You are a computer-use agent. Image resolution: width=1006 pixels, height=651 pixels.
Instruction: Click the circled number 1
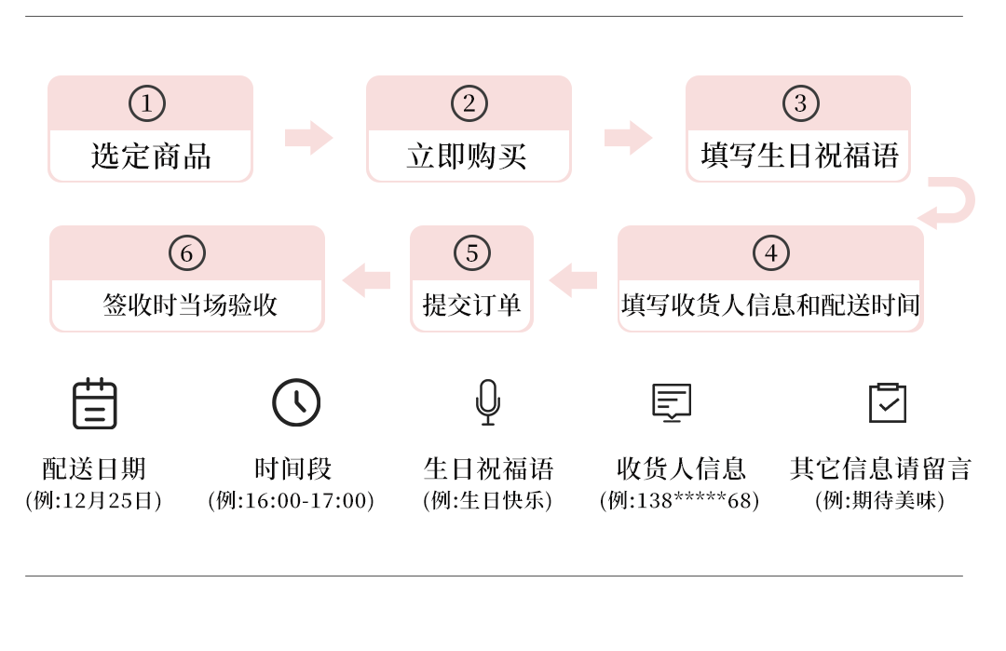click(146, 103)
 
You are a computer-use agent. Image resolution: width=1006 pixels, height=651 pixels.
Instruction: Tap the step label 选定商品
click(151, 156)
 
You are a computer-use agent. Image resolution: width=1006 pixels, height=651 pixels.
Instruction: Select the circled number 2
click(469, 103)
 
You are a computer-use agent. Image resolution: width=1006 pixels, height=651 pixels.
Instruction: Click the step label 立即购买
click(468, 156)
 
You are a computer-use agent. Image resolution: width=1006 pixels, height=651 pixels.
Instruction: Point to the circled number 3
click(800, 103)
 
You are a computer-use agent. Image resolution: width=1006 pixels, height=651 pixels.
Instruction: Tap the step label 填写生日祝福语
click(799, 155)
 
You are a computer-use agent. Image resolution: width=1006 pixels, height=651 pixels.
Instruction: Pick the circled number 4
click(770, 253)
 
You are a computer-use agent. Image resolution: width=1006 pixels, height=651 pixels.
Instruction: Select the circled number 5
click(471, 253)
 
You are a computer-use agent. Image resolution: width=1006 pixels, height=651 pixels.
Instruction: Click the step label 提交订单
click(471, 305)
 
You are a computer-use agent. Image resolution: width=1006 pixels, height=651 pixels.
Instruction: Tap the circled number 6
click(186, 253)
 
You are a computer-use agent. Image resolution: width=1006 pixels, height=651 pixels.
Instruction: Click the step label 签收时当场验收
click(190, 305)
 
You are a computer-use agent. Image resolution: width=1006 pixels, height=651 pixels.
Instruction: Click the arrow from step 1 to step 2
click(308, 138)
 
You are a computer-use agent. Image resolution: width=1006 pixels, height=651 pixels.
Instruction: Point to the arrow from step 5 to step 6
click(367, 280)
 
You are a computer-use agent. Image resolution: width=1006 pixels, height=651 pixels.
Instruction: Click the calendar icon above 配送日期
click(95, 404)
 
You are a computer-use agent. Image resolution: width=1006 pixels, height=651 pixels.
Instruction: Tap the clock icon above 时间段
click(296, 402)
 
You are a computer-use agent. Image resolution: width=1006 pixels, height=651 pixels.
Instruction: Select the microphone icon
click(487, 402)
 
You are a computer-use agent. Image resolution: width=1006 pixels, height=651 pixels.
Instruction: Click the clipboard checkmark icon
click(887, 402)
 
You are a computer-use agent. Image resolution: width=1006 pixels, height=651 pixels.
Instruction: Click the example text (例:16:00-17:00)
click(292, 501)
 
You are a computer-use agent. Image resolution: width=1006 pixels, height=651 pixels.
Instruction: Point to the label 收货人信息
click(681, 468)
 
